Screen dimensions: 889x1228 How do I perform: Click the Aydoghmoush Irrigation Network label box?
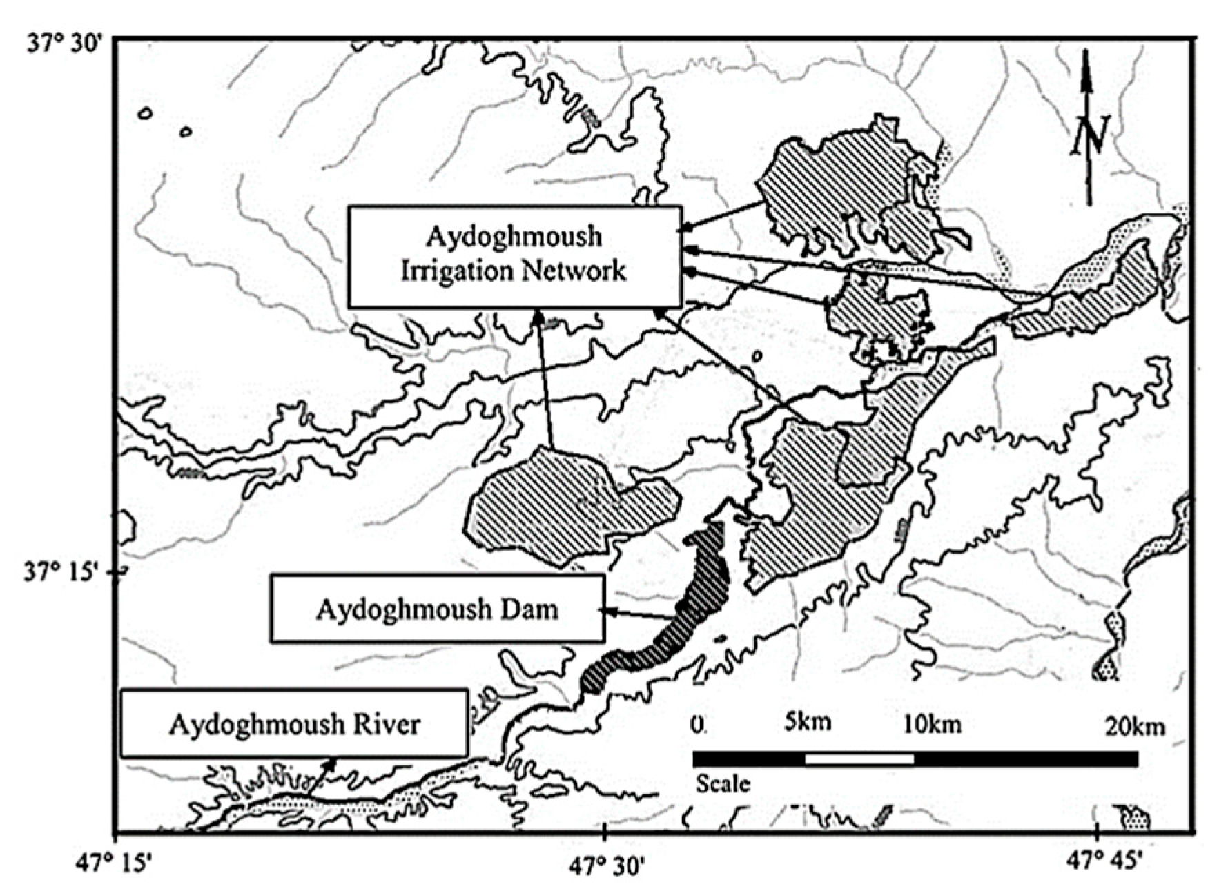[514, 256]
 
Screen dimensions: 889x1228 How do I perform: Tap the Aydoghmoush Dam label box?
[437, 609]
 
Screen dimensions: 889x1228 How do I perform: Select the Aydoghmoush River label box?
[294, 723]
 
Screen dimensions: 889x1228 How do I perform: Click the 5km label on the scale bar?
[807, 722]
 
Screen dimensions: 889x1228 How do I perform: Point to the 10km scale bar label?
[931, 724]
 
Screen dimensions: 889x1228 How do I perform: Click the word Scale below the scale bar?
[722, 783]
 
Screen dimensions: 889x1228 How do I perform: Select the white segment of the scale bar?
[859, 759]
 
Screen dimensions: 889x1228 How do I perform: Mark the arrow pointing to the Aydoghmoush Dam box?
[639, 613]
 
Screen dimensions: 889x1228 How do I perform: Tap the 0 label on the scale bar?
[698, 724]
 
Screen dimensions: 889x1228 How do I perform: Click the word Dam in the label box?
[529, 609]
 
